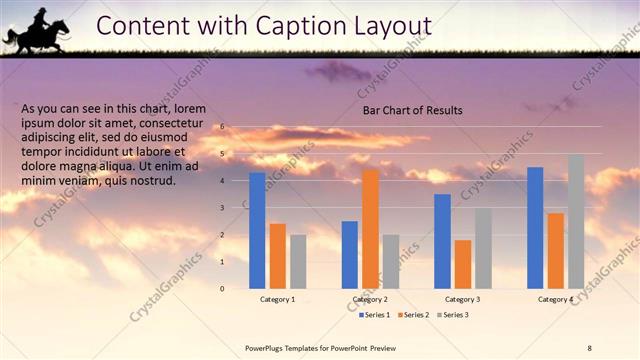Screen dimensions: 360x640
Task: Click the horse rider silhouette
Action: (38, 30)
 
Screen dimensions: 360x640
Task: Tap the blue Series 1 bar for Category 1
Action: (257, 230)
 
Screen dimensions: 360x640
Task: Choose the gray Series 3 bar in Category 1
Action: (298, 261)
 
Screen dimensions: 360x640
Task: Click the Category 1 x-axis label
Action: (277, 299)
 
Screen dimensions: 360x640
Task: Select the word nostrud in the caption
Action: (151, 180)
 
